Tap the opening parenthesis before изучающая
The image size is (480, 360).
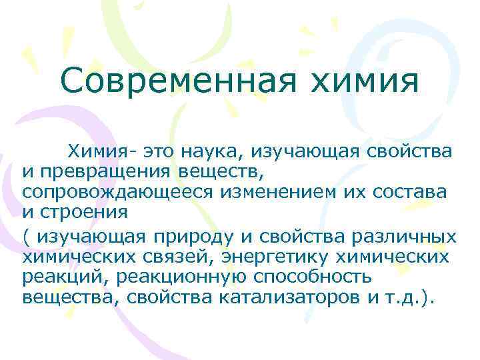25,237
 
